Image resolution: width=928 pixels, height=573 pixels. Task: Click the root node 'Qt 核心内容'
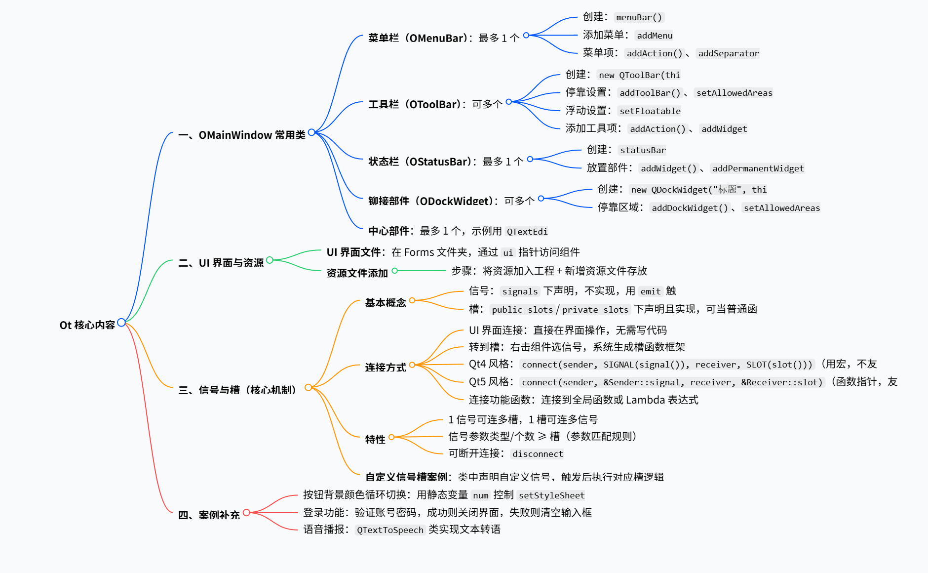pos(87,325)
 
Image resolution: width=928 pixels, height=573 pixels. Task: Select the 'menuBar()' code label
pos(639,17)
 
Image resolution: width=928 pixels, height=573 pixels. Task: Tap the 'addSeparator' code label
pos(728,53)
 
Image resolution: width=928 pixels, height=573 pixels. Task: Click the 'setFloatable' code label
pos(650,111)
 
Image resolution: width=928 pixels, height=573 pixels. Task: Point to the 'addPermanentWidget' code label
pos(758,168)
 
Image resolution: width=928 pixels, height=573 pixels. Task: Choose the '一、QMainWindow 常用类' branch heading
pos(241,135)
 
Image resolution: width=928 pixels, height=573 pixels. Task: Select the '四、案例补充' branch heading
pos(209,515)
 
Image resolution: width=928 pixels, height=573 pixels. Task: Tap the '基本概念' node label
pos(385,303)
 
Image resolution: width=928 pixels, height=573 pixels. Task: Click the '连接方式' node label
pos(385,368)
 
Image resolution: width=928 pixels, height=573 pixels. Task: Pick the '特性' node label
pos(375,439)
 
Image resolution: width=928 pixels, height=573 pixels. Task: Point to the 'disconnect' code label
pos(537,454)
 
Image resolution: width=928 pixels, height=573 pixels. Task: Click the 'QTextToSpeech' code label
pos(390,530)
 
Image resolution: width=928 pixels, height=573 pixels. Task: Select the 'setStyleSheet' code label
pos(551,495)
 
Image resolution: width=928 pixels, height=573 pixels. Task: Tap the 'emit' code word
pos(650,291)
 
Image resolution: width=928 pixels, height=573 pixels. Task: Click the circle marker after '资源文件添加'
pos(394,271)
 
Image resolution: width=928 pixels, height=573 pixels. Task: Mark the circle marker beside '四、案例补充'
pos(246,513)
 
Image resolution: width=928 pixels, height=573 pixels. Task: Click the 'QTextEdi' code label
pos(527,232)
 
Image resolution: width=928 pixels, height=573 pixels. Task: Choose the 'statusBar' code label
pos(643,150)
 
